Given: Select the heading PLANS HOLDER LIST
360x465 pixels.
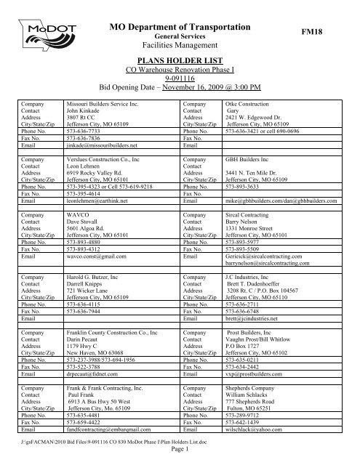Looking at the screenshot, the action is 180,64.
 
